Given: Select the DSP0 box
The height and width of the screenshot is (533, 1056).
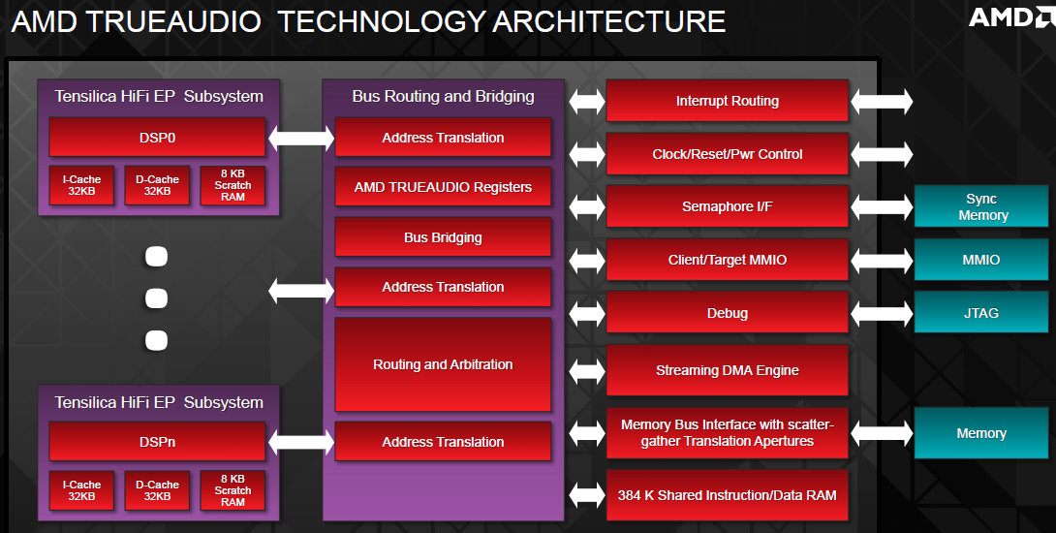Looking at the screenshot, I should click(x=157, y=138).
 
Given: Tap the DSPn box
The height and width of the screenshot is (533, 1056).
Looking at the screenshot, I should click(x=157, y=442).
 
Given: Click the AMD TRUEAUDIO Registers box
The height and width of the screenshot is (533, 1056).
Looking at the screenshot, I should click(x=443, y=187).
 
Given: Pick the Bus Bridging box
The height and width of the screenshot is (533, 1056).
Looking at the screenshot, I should click(x=443, y=237).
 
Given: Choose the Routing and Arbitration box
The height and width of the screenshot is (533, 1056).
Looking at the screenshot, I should click(x=443, y=364).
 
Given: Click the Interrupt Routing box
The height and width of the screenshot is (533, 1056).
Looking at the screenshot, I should click(x=727, y=101).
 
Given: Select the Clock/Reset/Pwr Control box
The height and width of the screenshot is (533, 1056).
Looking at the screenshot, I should click(x=727, y=154).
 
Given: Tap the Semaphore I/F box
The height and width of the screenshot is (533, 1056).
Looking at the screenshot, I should click(x=727, y=206).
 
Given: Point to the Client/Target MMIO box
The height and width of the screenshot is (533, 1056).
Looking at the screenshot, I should click(x=727, y=260).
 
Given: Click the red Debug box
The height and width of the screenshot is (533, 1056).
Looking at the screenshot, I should click(x=727, y=313).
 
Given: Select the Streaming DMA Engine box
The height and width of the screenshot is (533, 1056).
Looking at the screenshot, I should click(x=727, y=370).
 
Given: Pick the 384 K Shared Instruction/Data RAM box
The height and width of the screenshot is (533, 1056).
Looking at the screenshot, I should click(x=727, y=495).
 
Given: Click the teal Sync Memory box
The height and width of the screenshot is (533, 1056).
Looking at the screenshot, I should click(x=982, y=206).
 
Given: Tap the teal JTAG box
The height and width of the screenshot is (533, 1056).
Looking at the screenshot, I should click(x=982, y=313).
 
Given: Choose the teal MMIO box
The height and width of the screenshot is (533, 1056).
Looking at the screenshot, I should click(x=982, y=260).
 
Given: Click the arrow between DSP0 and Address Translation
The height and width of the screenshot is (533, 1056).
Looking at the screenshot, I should click(x=300, y=138).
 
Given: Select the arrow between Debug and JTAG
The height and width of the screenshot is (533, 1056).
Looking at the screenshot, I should click(x=882, y=313).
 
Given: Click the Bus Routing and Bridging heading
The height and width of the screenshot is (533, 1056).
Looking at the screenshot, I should click(x=443, y=96).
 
